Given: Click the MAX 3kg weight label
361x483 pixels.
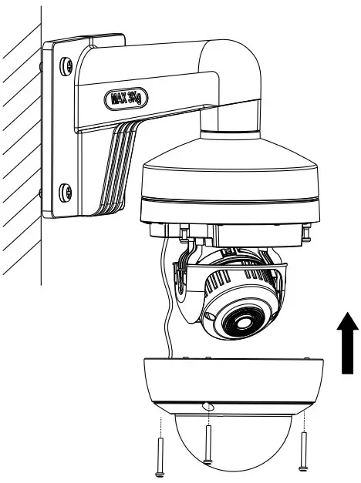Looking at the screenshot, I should click(127, 99).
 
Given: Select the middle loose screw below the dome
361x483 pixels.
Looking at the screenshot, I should click(207, 448).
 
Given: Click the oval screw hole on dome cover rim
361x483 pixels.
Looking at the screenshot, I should click(208, 406).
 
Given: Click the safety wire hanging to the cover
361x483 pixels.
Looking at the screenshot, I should click(165, 308).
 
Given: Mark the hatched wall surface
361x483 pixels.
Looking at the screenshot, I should click(19, 154).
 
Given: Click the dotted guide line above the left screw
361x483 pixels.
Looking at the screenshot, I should click(159, 427).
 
